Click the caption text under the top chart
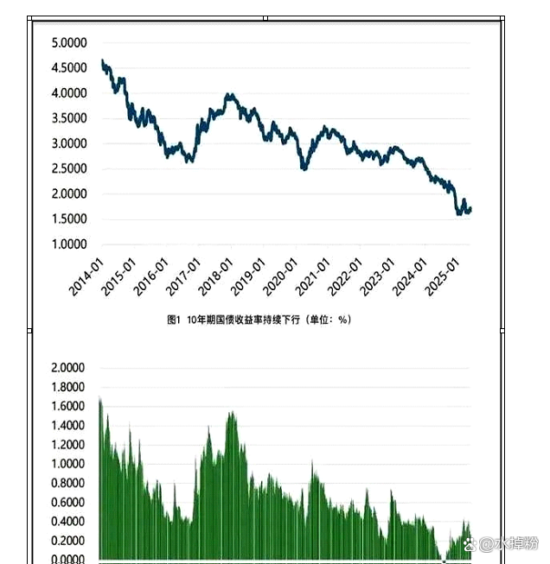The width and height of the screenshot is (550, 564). [x=259, y=320]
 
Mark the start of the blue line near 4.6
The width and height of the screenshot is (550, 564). [x=102, y=61]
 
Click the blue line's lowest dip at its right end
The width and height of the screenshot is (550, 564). [x=459, y=213]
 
